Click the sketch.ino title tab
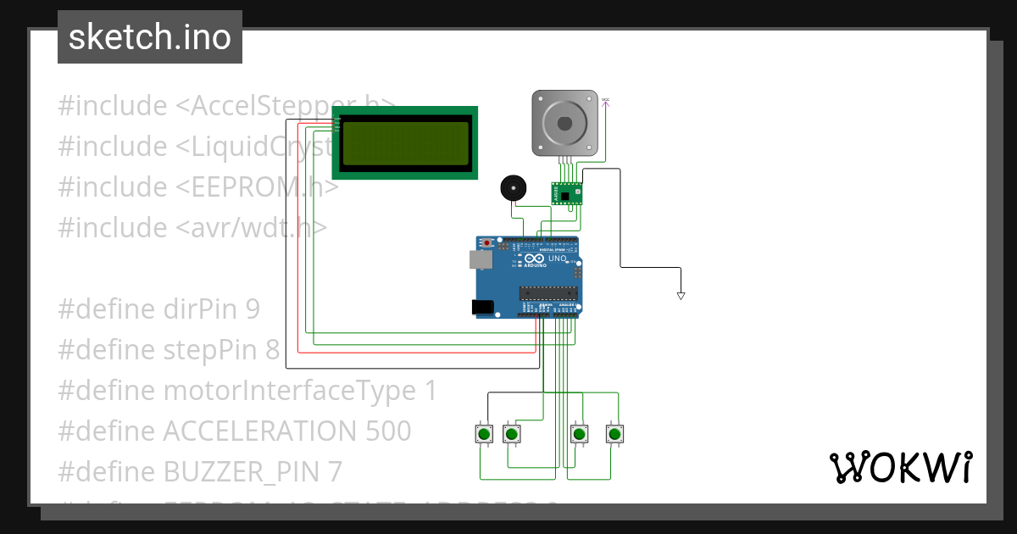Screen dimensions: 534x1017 (150, 37)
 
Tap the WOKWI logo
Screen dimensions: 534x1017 (899, 468)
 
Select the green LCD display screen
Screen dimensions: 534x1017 (405, 142)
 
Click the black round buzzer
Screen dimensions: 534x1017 (512, 188)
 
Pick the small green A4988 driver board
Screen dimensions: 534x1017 (567, 194)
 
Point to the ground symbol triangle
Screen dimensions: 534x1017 (681, 296)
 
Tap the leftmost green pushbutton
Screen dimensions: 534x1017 (484, 434)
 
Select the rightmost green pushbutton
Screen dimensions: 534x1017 (615, 434)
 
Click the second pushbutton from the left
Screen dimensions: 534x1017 (511, 434)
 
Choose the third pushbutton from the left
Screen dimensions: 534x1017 (579, 434)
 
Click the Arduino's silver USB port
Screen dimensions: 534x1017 (481, 259)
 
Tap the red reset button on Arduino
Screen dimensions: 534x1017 (487, 243)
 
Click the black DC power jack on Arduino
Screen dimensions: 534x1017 (481, 307)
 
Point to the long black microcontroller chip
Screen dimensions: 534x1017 (548, 293)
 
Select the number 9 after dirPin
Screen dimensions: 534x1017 (252, 309)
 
